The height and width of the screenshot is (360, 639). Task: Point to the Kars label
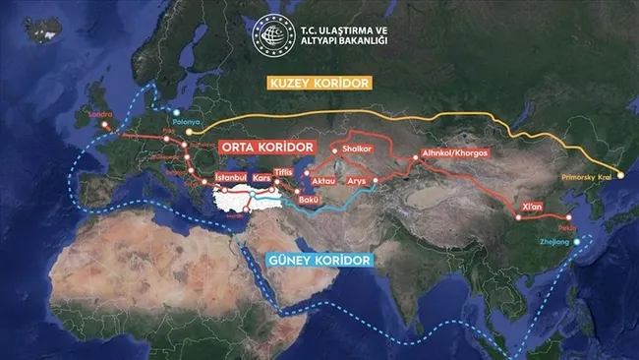(262, 178)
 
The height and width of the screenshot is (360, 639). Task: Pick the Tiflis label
(285, 172)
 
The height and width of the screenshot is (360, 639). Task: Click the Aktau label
(323, 182)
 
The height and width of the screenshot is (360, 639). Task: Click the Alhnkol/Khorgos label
(453, 153)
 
